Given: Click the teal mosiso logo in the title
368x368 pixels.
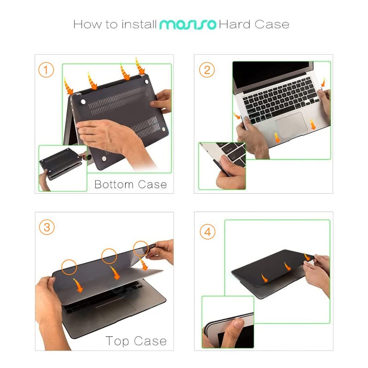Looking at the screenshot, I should [187, 24].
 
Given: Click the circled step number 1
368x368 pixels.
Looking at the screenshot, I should [46, 70].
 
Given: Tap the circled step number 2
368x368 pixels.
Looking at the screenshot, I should [207, 70].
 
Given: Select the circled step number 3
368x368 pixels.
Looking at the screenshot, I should [46, 228].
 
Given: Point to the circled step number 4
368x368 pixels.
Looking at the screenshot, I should [207, 232].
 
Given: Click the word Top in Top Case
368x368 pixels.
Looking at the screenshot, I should [118, 341].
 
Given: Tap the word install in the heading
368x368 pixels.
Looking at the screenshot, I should [138, 24].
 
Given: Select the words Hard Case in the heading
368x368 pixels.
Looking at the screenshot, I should [254, 24].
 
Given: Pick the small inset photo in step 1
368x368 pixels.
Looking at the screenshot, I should [63, 167].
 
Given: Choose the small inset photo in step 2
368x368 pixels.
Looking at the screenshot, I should [222, 165].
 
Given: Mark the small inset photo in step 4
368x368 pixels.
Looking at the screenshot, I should [228, 322].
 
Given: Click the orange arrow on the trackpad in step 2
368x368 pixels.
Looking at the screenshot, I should [278, 137].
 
